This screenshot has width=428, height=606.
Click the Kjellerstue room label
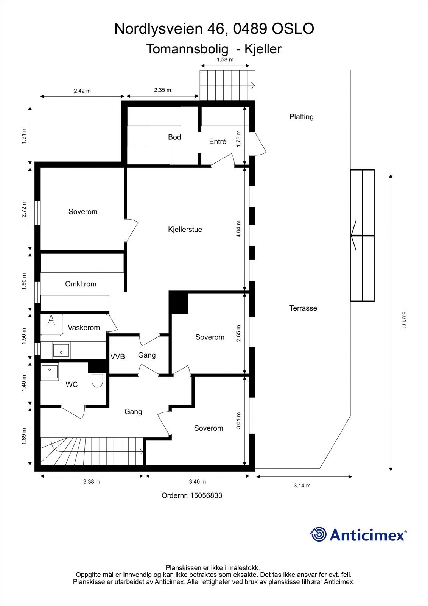185,230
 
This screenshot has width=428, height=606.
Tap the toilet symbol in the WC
97,380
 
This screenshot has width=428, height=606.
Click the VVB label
117,356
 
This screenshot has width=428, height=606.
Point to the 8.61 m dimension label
404,320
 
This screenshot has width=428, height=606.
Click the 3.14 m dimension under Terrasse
302,486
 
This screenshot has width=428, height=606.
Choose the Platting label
301,117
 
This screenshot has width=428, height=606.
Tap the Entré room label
218,142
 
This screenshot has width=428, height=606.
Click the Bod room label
174,137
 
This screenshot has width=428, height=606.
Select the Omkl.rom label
81,284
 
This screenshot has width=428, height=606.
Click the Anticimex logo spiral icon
318,534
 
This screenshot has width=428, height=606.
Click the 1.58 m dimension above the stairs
225,60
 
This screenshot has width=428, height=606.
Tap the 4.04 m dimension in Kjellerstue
238,229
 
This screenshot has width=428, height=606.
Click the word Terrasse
303,308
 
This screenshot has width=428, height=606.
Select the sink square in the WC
50,372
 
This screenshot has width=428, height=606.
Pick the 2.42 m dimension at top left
82,91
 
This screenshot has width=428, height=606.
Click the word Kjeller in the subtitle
263,49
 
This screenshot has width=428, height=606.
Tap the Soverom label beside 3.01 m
209,428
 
